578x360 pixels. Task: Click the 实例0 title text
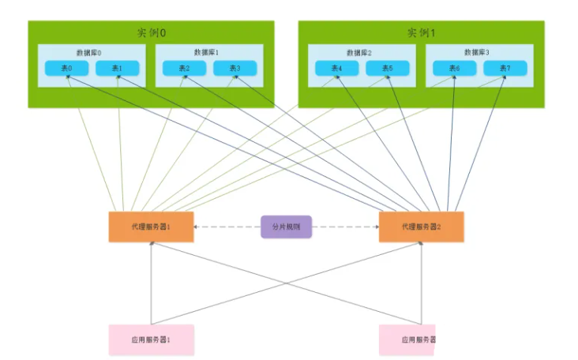(151, 32)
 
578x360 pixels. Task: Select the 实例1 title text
(421, 32)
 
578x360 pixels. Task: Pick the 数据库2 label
(360, 52)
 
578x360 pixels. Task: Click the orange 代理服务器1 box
(151, 227)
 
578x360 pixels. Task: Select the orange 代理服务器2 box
(421, 227)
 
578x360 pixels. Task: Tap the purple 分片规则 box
(286, 227)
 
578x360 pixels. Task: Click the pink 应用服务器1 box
(151, 339)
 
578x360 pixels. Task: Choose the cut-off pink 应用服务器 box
(407, 339)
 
